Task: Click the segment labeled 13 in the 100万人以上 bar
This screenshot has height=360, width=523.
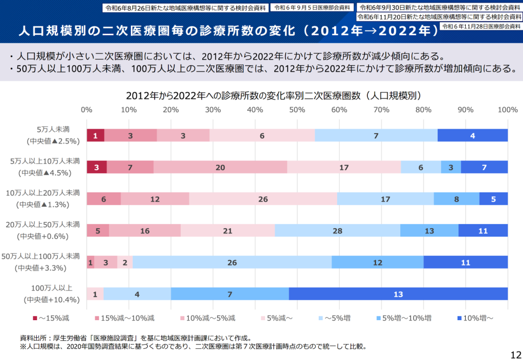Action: point(398,294)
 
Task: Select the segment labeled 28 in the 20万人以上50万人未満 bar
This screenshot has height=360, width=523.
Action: point(337,231)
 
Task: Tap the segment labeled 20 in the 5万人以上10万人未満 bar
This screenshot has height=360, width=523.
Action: point(220,167)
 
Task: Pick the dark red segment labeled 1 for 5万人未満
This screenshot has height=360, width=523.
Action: point(96,136)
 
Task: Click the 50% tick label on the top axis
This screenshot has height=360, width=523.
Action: point(297,110)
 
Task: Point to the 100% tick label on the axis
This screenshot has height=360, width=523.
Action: point(507,110)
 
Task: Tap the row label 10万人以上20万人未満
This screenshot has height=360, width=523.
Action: point(43,193)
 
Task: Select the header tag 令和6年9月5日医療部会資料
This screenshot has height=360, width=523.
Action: point(312,8)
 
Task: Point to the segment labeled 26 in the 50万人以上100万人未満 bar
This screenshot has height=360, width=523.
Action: point(232,262)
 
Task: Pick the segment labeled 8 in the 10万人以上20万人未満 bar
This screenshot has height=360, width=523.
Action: point(456,199)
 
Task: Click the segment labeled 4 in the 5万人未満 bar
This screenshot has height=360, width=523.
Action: point(472,136)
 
